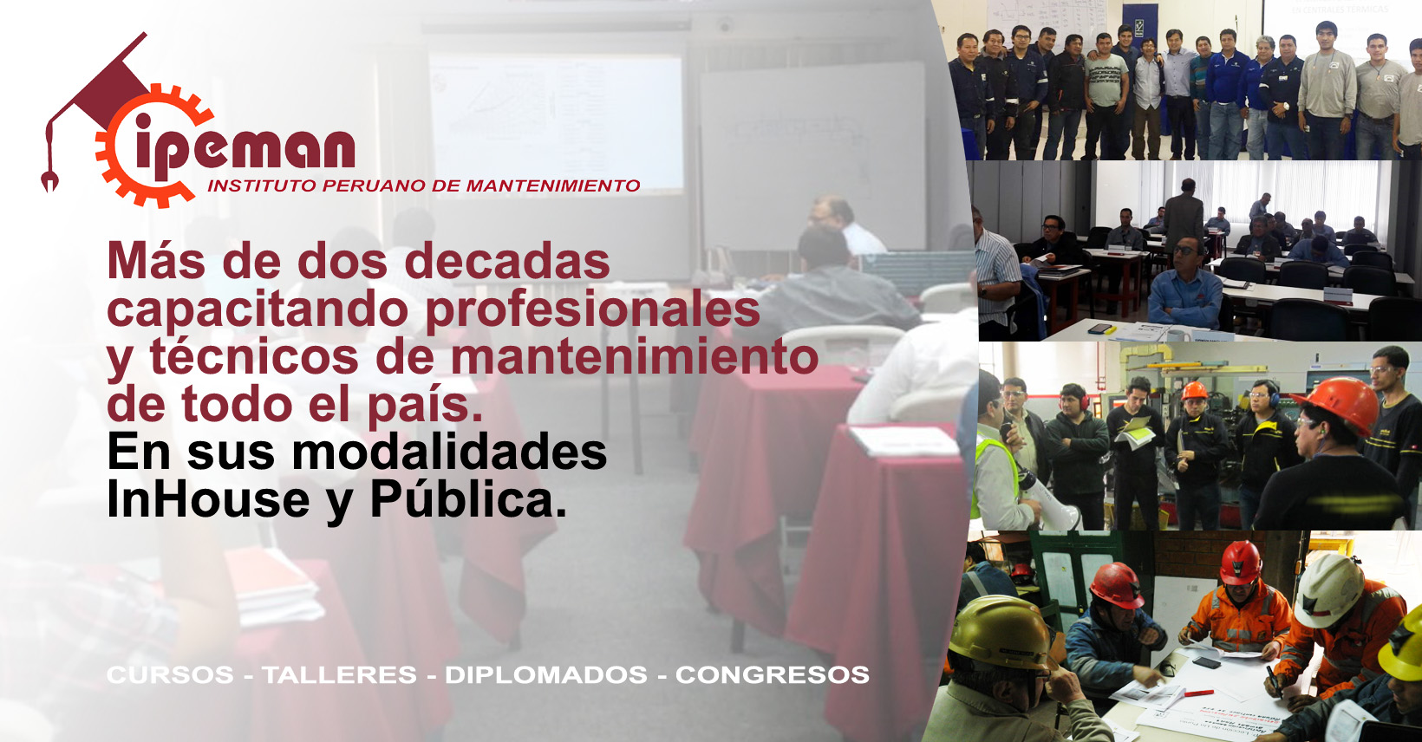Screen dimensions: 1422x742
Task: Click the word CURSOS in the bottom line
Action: [170, 674]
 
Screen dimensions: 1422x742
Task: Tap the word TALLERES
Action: [340, 674]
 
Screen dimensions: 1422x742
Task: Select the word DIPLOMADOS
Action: [546, 674]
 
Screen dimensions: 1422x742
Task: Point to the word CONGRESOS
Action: [772, 674]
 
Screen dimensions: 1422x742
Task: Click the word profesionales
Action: [593, 309]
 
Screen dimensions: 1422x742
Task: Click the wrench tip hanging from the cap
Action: [49, 181]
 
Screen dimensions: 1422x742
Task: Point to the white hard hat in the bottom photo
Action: [1327, 590]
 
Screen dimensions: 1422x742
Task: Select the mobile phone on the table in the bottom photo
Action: [1206, 662]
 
